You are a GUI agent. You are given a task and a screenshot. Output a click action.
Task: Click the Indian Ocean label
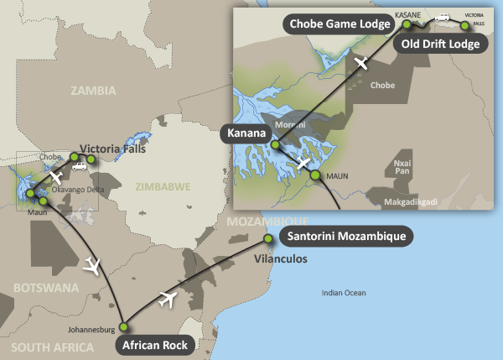(x=345, y=292)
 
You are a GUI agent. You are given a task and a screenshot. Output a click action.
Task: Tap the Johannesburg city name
(x=89, y=329)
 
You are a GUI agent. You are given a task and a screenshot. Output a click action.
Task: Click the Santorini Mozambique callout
(x=344, y=237)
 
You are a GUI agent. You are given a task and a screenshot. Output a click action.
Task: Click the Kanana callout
(x=245, y=133)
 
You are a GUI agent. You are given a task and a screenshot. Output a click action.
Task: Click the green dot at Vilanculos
(x=268, y=239)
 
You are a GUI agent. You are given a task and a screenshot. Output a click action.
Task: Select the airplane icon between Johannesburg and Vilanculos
(x=168, y=297)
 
